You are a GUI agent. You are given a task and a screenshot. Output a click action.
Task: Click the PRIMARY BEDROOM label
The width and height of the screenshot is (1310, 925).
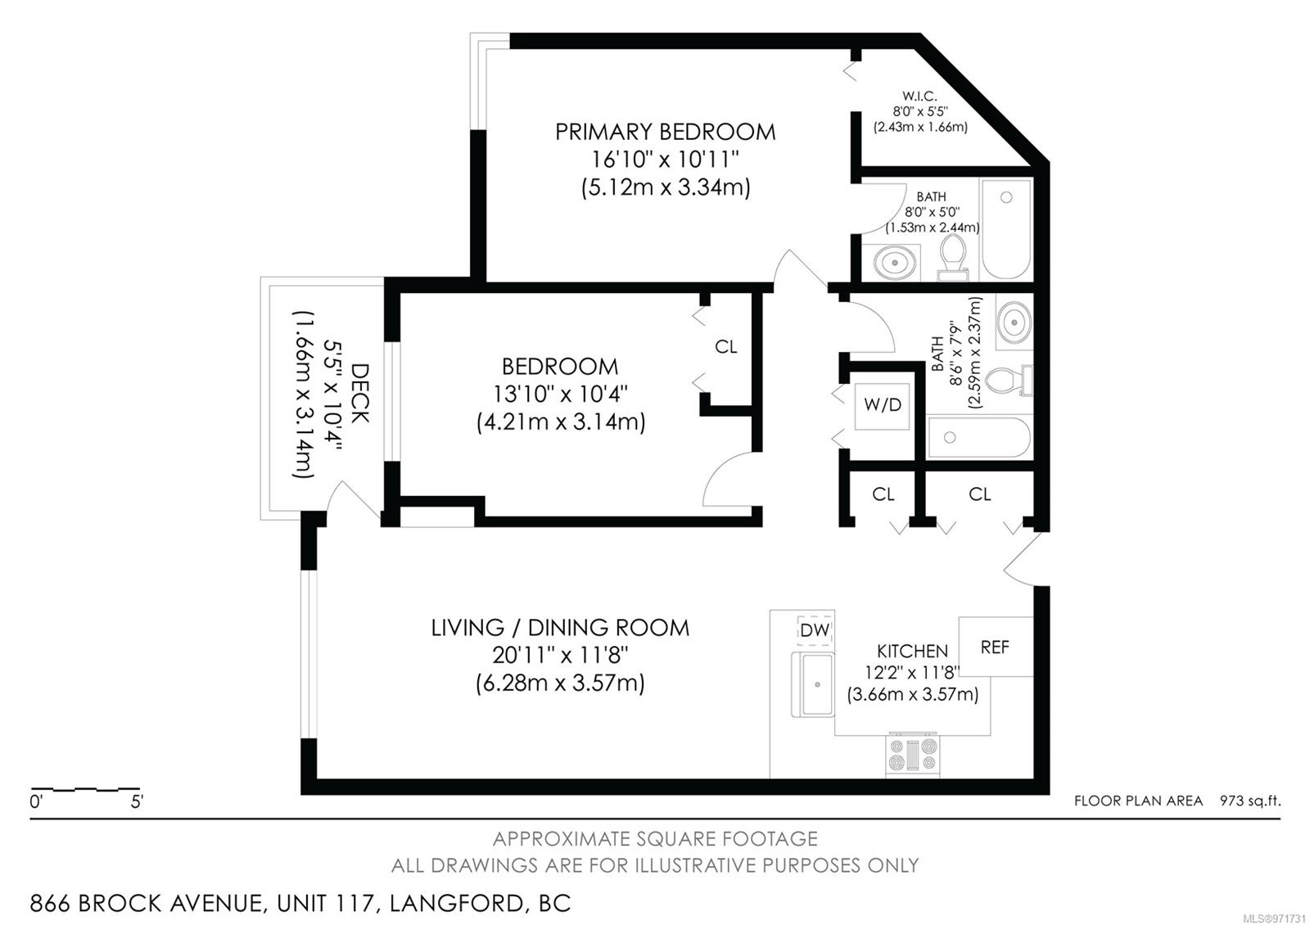pos(665,132)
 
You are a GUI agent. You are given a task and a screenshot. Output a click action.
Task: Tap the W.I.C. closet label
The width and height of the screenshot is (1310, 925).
pos(919,96)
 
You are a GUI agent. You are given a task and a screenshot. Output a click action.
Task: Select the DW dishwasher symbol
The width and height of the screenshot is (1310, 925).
pos(815,630)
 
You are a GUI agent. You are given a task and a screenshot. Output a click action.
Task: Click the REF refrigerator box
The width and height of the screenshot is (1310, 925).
pos(996,647)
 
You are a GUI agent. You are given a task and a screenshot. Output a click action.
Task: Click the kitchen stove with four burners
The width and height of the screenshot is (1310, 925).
pos(913,754)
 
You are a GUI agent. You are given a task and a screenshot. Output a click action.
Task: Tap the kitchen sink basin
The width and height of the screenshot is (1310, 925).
pos(812,684)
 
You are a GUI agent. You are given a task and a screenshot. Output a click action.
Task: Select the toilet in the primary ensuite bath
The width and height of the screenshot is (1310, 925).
pos(953,257)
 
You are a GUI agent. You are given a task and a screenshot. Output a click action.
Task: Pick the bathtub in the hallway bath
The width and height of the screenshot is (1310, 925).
pos(979,437)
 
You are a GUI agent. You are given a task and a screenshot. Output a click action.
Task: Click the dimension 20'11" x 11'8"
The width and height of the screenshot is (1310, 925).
pos(560,656)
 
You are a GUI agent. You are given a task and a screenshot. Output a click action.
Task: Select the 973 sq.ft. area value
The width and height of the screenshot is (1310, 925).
pos(1249,801)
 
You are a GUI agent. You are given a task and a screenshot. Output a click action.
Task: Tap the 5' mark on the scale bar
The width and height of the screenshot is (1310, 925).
pos(137,801)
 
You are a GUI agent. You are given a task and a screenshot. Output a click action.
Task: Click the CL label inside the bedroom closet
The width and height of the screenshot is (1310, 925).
pos(725,347)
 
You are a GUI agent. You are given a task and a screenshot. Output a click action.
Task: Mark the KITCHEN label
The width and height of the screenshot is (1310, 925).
pos(912,651)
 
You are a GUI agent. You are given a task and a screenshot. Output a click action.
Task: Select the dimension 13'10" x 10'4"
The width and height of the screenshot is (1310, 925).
pos(560,394)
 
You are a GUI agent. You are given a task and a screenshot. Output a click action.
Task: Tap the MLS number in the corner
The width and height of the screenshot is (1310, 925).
pos(1278,918)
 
